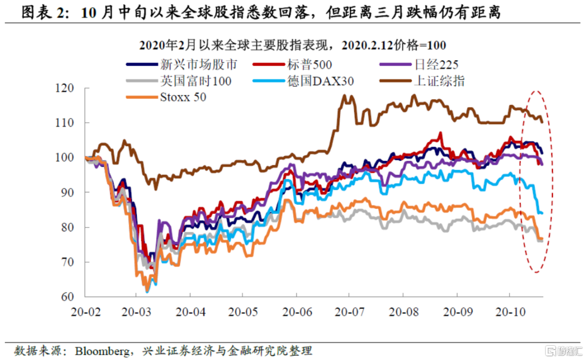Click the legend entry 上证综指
tap(439, 81)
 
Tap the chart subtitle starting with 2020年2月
tap(292, 45)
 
